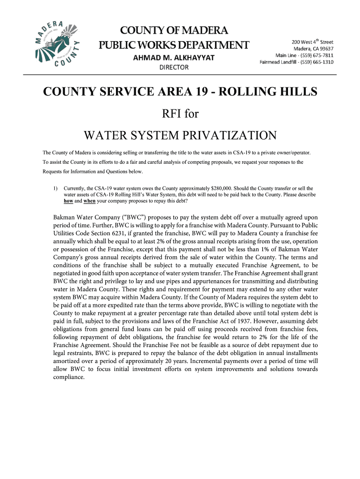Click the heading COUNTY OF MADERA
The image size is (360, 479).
click(x=173, y=31)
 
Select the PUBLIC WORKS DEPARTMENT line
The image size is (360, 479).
click(x=173, y=45)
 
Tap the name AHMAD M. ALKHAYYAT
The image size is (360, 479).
click(x=174, y=58)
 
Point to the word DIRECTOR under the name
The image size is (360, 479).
click(x=174, y=67)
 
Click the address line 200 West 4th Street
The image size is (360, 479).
click(x=312, y=41)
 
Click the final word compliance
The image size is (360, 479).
click(x=69, y=377)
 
